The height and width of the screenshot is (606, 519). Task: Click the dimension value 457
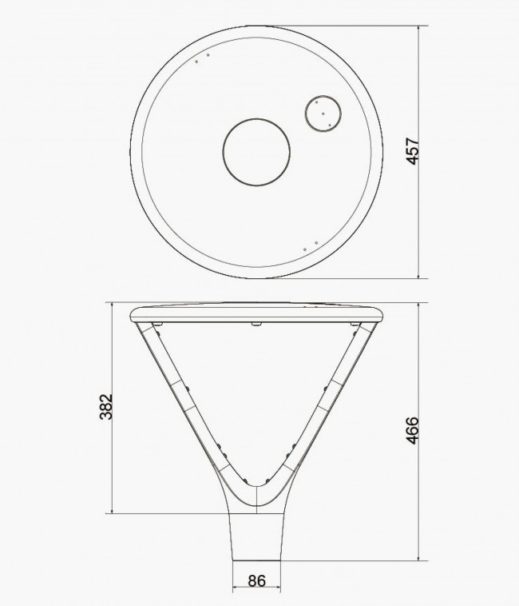pos(413,151)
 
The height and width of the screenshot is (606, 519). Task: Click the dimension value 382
pos(106,407)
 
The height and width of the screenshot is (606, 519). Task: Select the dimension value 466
pos(413,430)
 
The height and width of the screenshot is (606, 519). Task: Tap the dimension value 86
pos(256,581)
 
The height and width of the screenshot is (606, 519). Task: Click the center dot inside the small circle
pos(323,114)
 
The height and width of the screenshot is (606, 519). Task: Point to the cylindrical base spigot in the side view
pos(256,537)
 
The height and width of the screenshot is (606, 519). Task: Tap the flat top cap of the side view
pos(256,313)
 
